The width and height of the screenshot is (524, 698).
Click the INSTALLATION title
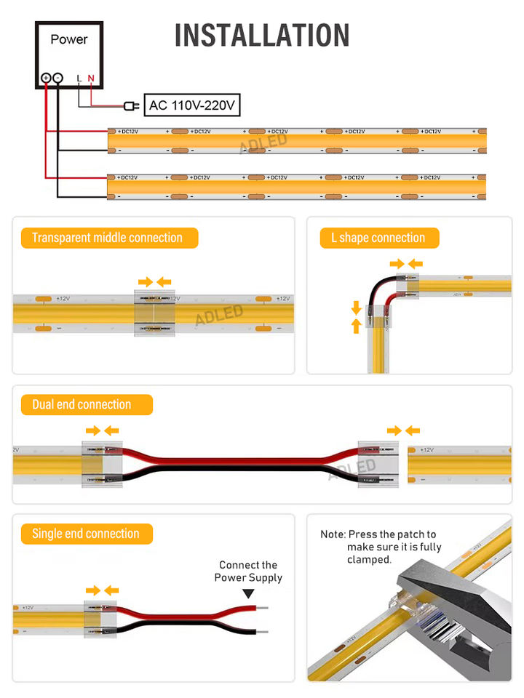(x=262, y=35)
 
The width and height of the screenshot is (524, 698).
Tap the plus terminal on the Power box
(x=46, y=77)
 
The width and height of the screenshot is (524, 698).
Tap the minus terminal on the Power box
(x=58, y=77)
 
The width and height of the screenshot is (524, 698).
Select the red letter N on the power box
(x=91, y=78)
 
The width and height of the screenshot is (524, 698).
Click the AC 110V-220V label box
(x=192, y=105)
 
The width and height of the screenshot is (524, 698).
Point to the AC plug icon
(x=131, y=106)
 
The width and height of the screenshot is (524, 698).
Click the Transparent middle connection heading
(x=108, y=238)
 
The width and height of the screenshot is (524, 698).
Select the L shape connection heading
(x=378, y=238)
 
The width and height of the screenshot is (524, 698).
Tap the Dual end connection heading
(x=82, y=404)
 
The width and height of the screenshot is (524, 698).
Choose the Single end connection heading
(x=85, y=534)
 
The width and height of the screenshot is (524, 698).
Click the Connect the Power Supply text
(x=248, y=571)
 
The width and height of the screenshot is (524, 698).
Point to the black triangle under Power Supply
(x=248, y=594)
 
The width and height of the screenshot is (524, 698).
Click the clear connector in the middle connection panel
(x=155, y=313)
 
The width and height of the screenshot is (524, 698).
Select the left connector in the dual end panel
(x=101, y=464)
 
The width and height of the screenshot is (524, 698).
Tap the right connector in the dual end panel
(x=379, y=464)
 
